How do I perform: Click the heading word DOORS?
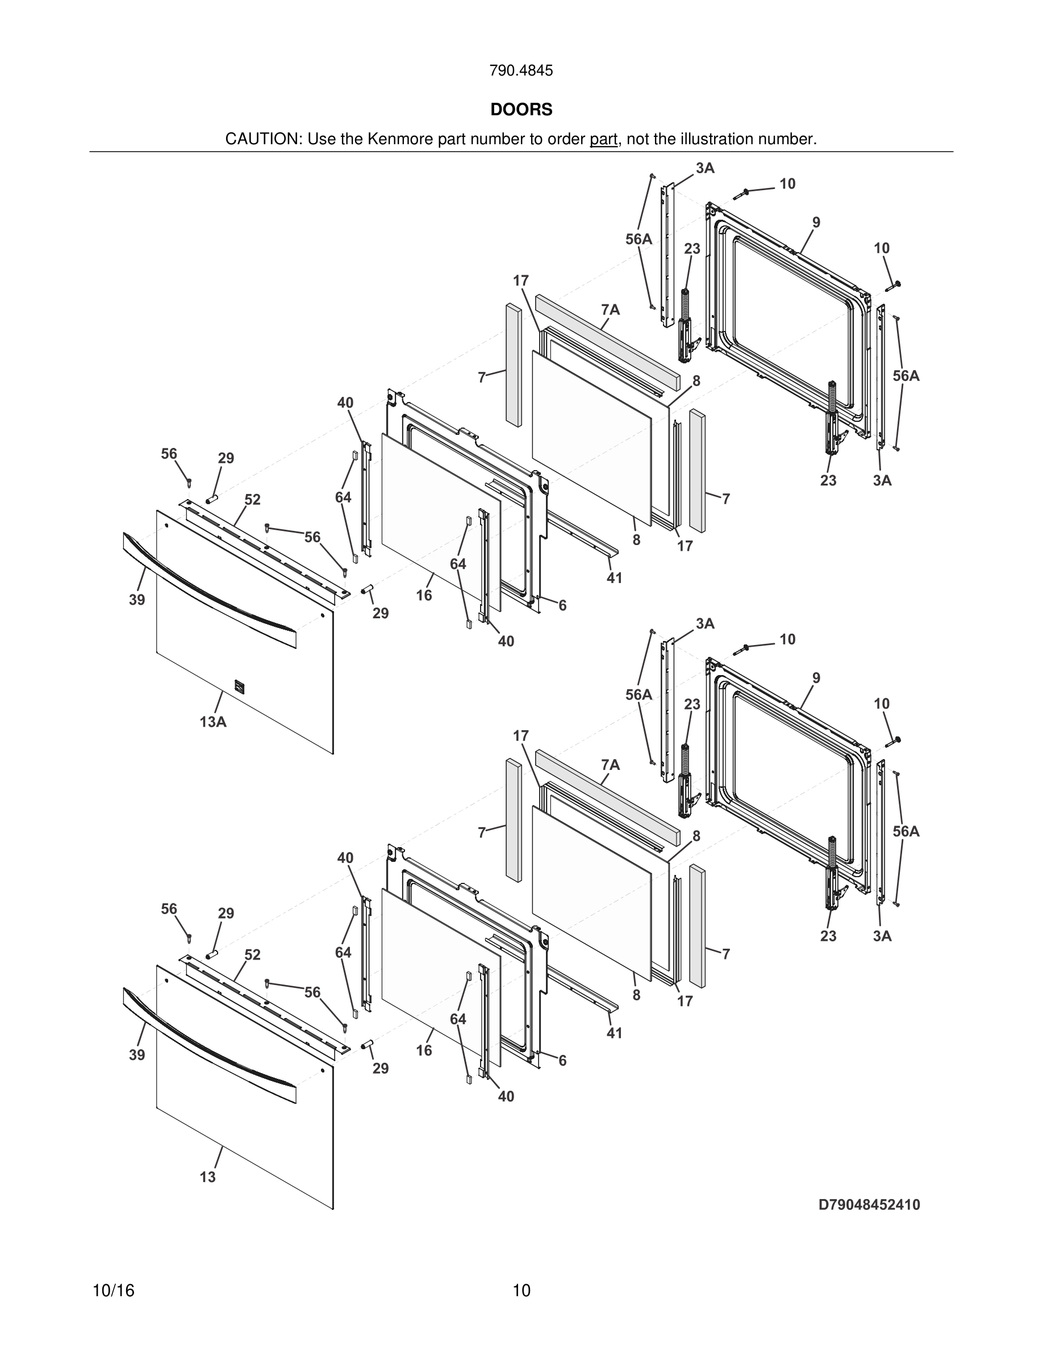(x=521, y=110)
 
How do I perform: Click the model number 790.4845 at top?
(x=521, y=71)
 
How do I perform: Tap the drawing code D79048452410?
(x=869, y=1204)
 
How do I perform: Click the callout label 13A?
(x=212, y=722)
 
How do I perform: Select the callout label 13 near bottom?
(x=207, y=1176)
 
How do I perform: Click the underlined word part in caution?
(x=603, y=140)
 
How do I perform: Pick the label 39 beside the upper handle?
(x=136, y=599)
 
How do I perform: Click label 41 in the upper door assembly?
(x=614, y=578)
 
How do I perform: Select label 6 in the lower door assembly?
(x=562, y=1061)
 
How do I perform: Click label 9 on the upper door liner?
(x=816, y=223)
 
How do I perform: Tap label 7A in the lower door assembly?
(x=610, y=765)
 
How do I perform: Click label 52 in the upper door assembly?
(x=252, y=499)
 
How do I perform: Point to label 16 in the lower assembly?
(x=424, y=1050)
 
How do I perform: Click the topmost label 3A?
(x=705, y=168)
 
